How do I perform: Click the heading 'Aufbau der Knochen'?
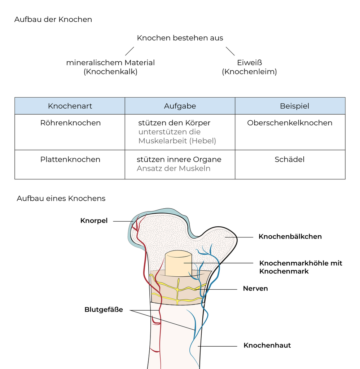point(53,19)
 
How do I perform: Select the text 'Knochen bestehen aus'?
point(180,38)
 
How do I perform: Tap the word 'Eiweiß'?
point(249,63)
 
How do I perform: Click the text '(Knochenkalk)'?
point(110,72)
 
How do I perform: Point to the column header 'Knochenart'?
point(70,106)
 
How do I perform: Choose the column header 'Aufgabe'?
point(180,106)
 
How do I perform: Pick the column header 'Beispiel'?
point(290,106)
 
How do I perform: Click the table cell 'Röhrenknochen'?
point(70,123)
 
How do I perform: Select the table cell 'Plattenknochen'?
point(70,159)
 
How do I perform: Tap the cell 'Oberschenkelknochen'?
point(290,123)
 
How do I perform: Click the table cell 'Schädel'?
point(290,159)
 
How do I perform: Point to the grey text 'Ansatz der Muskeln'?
point(174,168)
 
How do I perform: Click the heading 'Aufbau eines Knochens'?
point(61,198)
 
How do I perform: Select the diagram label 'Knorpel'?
point(94,221)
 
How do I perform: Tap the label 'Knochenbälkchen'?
point(290,236)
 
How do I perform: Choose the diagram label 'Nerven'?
point(255,289)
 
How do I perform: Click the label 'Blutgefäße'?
point(104,310)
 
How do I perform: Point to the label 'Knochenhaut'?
point(267,346)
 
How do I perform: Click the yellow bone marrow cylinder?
point(178,263)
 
